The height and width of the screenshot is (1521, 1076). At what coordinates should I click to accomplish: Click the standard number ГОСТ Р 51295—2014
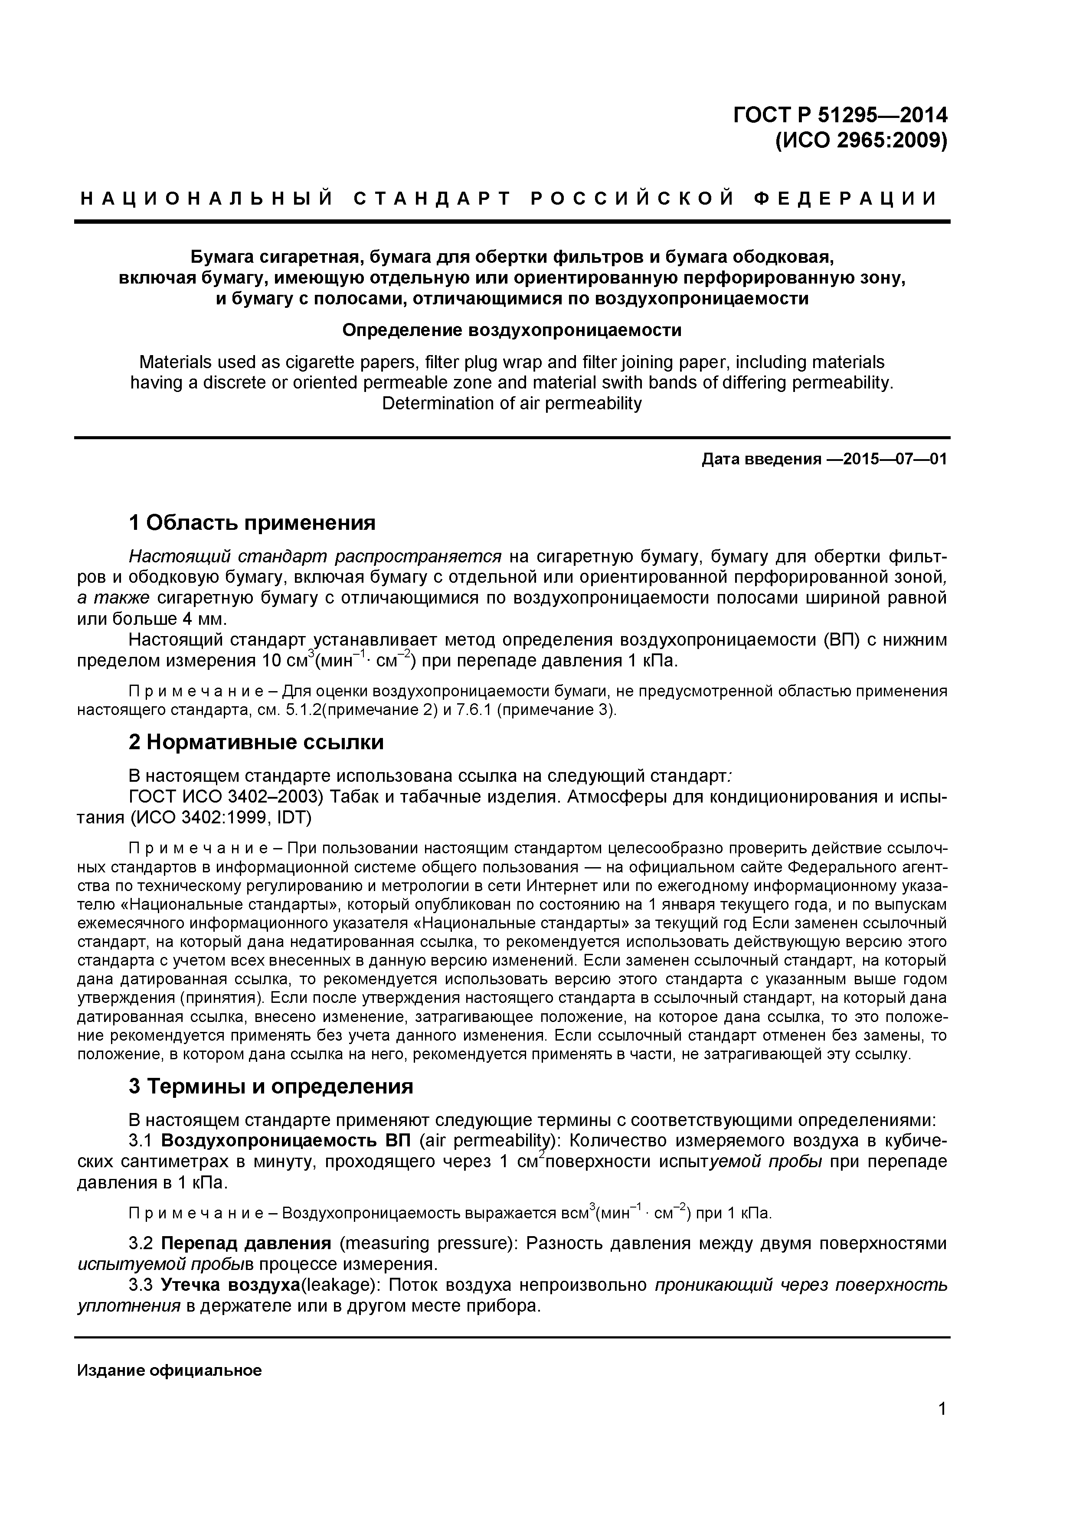point(840,115)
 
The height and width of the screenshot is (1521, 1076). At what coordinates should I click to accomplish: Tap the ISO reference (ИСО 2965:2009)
point(861,141)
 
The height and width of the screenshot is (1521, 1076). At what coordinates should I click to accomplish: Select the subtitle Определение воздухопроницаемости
point(511,329)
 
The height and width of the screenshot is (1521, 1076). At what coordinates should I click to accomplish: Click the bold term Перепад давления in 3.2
point(246,1243)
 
